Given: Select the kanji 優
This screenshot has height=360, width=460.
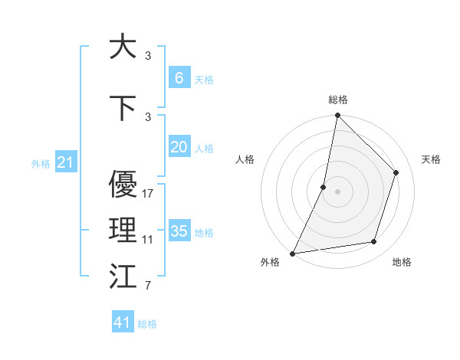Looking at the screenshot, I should click(123, 184).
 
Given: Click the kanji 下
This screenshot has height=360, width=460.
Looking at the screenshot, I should click(123, 107).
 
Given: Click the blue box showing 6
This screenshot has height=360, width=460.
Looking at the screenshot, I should click(179, 77).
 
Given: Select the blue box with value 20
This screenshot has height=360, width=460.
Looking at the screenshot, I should click(179, 147).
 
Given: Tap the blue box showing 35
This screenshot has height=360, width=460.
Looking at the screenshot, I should click(179, 231).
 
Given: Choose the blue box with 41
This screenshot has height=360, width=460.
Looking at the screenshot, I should click(123, 322).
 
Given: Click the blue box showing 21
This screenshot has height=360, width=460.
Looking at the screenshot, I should click(65, 162).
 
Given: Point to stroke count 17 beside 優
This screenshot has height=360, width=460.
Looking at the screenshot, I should click(148, 194).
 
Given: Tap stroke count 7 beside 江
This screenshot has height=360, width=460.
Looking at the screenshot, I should click(148, 286).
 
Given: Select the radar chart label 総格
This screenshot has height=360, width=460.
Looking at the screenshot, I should click(337, 100).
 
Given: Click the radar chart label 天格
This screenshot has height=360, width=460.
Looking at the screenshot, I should click(431, 159).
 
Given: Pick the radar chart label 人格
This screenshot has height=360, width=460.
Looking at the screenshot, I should click(245, 159).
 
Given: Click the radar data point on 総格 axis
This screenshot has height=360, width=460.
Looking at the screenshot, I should click(337, 116).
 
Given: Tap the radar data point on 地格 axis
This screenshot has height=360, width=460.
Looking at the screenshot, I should click(374, 242).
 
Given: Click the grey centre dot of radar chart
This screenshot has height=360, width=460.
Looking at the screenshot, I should click(337, 191).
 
